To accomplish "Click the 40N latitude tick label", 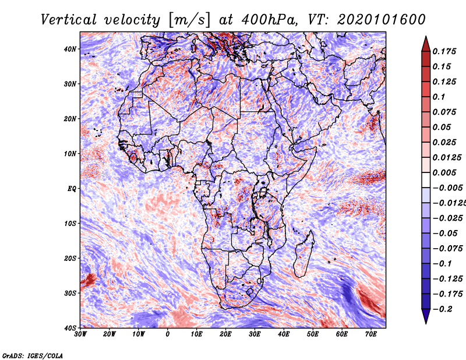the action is [70, 49].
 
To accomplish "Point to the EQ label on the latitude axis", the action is [72, 189].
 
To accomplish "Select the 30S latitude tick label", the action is [70, 293].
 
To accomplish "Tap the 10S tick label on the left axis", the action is [70, 223].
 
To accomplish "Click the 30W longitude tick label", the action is [80, 334].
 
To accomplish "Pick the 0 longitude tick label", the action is [168, 334].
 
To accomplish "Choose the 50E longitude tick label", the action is [313, 334].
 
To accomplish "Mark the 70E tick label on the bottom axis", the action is [371, 334].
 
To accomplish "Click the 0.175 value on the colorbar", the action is [444, 51].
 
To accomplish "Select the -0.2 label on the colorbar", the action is [443, 309].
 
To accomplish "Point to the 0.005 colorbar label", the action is [444, 172].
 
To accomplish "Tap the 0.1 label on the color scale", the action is [439, 97].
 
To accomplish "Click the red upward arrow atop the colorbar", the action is [426, 44].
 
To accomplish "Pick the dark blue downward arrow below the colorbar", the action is [426, 316].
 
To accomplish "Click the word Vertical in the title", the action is [69, 20].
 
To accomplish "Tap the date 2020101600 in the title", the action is [382, 20].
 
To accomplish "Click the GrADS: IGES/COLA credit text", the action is [33, 355].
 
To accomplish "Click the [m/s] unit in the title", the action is [189, 20].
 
